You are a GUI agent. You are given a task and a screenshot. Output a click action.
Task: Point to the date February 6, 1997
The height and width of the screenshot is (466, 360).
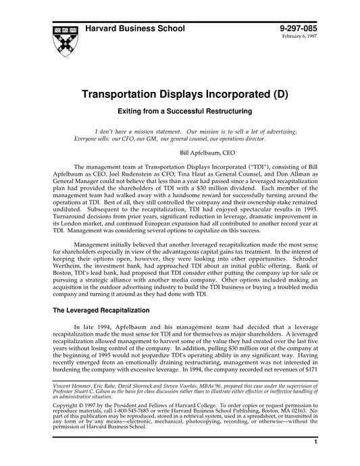303,36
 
